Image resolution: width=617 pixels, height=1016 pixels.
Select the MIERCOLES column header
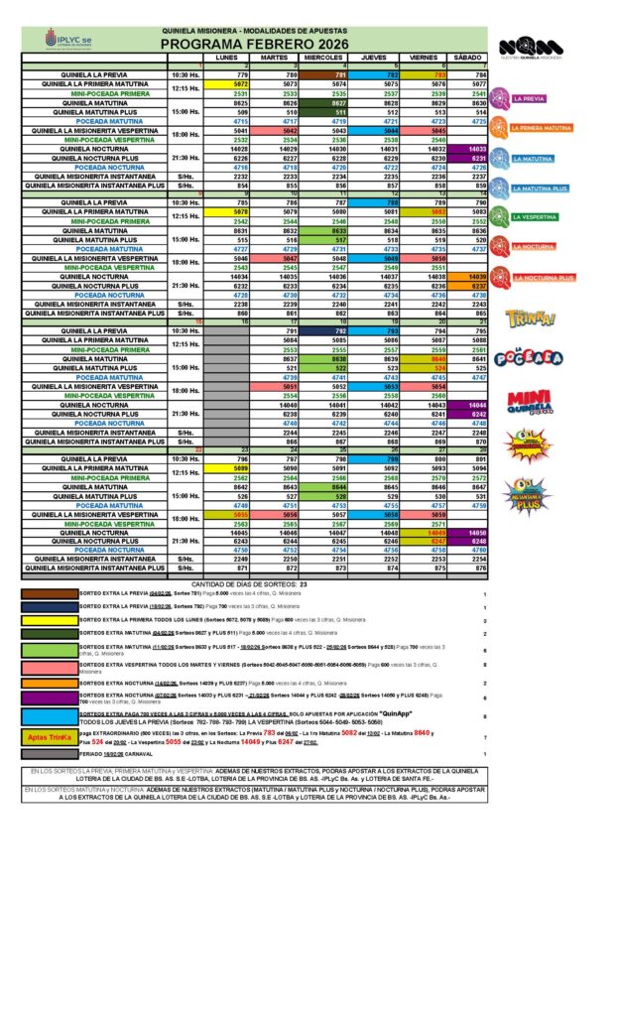[322, 58]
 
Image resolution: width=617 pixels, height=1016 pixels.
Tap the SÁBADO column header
[467, 58]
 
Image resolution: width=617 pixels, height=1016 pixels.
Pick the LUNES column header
[226, 58]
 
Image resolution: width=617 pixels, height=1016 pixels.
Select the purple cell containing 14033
[467, 149]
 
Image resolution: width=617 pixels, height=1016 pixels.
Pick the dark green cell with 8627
[322, 103]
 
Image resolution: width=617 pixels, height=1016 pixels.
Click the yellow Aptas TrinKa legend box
[49, 738]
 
